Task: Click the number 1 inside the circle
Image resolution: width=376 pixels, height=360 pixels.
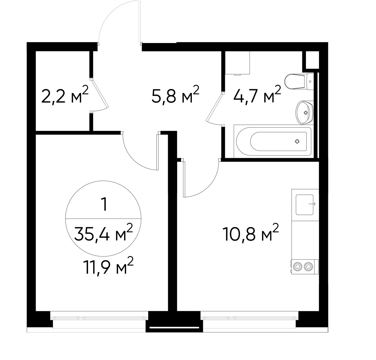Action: [x=104, y=205]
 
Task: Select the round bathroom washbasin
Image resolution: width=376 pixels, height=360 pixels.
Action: [x=304, y=112]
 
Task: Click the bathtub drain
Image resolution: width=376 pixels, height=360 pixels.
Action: [x=297, y=142]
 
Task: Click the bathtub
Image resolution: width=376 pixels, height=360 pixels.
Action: [x=273, y=142]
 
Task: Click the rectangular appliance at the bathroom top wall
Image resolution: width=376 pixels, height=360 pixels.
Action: [x=238, y=63]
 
